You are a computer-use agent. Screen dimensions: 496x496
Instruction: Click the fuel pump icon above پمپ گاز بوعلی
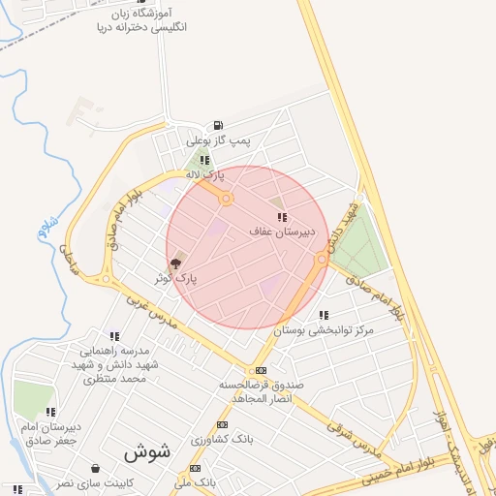pos(216,125)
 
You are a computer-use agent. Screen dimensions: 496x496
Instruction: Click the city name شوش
pos(147,451)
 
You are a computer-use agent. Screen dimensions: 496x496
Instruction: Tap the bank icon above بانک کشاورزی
pos(223,425)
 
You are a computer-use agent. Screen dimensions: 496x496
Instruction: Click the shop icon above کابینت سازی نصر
pos(94,468)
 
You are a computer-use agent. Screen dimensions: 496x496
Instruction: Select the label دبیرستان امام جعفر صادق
pos(50,433)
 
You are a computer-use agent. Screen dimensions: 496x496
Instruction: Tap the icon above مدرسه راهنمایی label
pos(114,335)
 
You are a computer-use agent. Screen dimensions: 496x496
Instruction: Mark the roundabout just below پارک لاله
pos(227,199)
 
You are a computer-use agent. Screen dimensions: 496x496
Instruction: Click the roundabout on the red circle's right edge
pos(321,259)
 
